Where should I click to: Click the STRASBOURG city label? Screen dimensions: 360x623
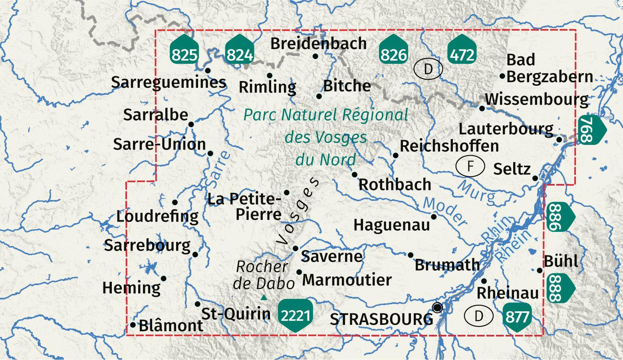click(x=381, y=319)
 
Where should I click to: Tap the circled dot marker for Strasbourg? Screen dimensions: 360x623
click(x=438, y=308)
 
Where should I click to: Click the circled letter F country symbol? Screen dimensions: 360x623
click(x=470, y=166)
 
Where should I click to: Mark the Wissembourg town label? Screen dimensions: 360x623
click(x=536, y=99)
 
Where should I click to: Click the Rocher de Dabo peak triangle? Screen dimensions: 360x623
click(x=264, y=297)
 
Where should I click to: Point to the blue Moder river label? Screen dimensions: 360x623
click(x=445, y=212)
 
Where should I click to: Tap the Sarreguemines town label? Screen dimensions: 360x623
click(x=168, y=82)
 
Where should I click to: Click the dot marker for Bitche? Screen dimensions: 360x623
click(x=319, y=96)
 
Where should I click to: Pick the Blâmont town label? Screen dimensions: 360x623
click(x=171, y=326)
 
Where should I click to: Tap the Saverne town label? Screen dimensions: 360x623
click(x=331, y=256)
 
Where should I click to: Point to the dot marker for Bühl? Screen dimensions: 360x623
click(x=540, y=270)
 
